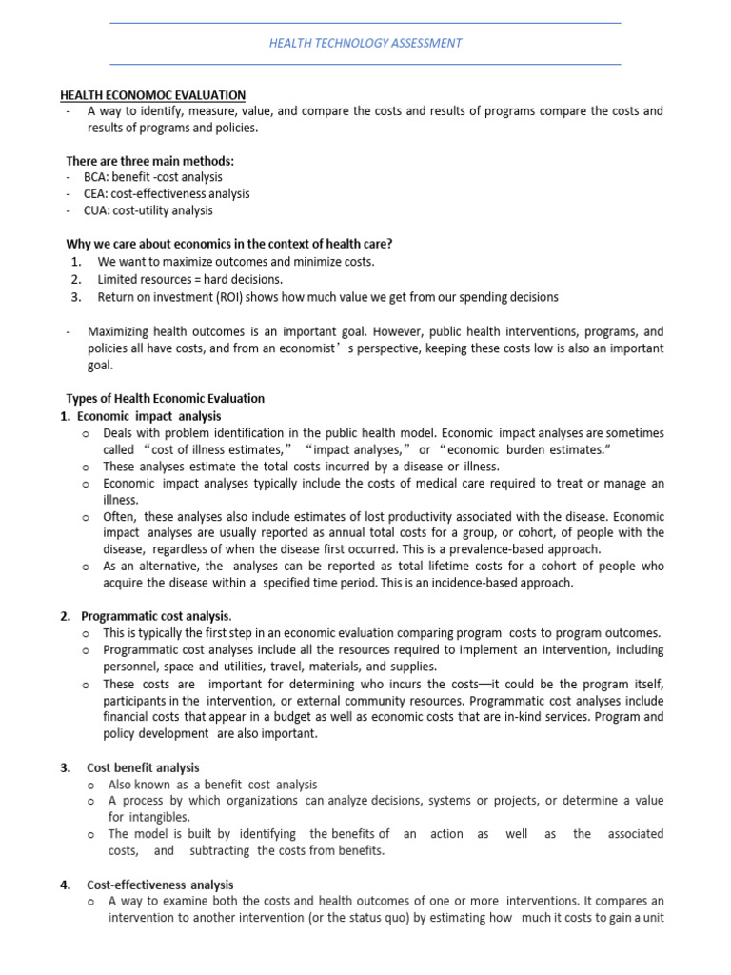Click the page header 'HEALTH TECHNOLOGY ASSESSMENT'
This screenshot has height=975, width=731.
pos(365,43)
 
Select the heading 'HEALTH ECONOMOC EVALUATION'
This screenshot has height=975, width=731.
pos(153,95)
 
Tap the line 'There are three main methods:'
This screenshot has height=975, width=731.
pos(149,160)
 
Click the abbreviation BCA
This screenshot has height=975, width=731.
pos(96,177)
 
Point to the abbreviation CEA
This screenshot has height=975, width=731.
pos(96,193)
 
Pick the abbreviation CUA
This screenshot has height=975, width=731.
pos(96,210)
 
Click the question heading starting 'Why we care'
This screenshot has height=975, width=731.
pos(228,244)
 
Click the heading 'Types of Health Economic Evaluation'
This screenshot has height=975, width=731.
pos(165,398)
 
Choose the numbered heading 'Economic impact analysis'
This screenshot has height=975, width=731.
pos(148,416)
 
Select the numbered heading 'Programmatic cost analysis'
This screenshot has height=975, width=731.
pos(155,616)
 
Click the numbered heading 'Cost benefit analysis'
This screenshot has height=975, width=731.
pos(143,767)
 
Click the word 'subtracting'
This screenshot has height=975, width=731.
pos(221,850)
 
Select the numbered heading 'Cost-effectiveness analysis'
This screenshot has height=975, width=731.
pos(160,885)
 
